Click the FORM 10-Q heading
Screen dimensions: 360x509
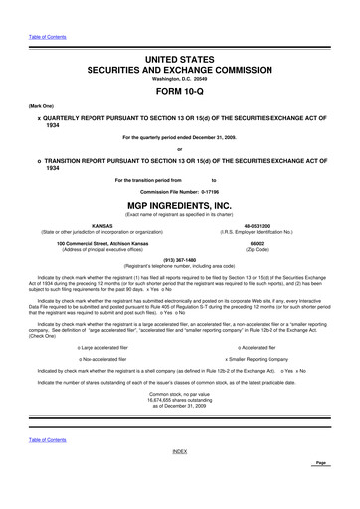tap(180, 91)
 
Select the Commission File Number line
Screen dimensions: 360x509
tap(180, 189)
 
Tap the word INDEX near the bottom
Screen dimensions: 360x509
tap(180, 479)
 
